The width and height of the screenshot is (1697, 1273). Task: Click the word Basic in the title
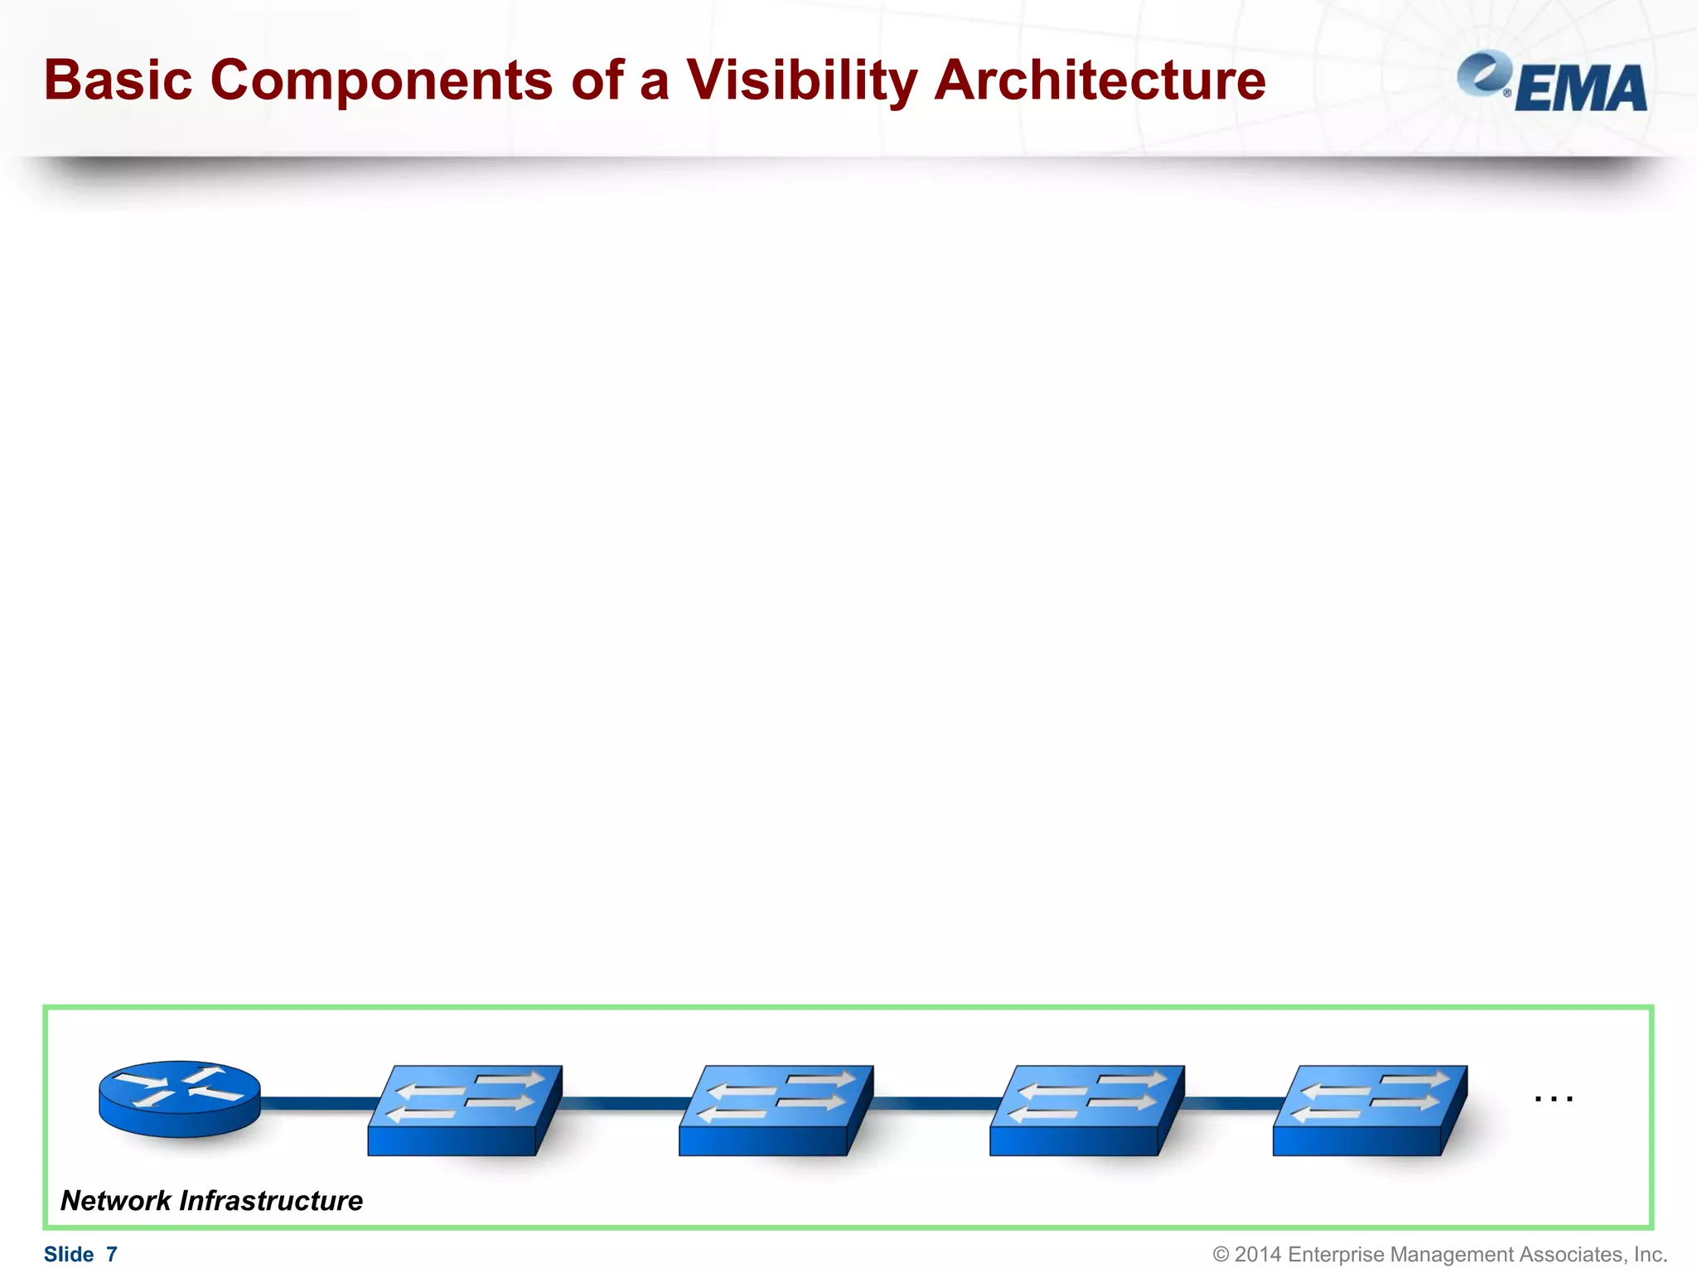(118, 80)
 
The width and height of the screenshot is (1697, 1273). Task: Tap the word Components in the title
(381, 80)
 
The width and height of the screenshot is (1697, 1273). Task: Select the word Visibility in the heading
(801, 80)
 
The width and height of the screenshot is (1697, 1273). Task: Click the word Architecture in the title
(1100, 80)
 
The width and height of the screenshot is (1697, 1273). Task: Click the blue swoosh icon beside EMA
(1484, 73)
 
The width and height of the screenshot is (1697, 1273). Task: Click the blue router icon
(180, 1099)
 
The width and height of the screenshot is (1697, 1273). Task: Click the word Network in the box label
(116, 1200)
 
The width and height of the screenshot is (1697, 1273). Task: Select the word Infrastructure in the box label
(271, 1200)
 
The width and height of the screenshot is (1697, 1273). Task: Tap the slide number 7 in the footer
(112, 1254)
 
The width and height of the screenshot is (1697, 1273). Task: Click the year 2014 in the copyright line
(1258, 1254)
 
